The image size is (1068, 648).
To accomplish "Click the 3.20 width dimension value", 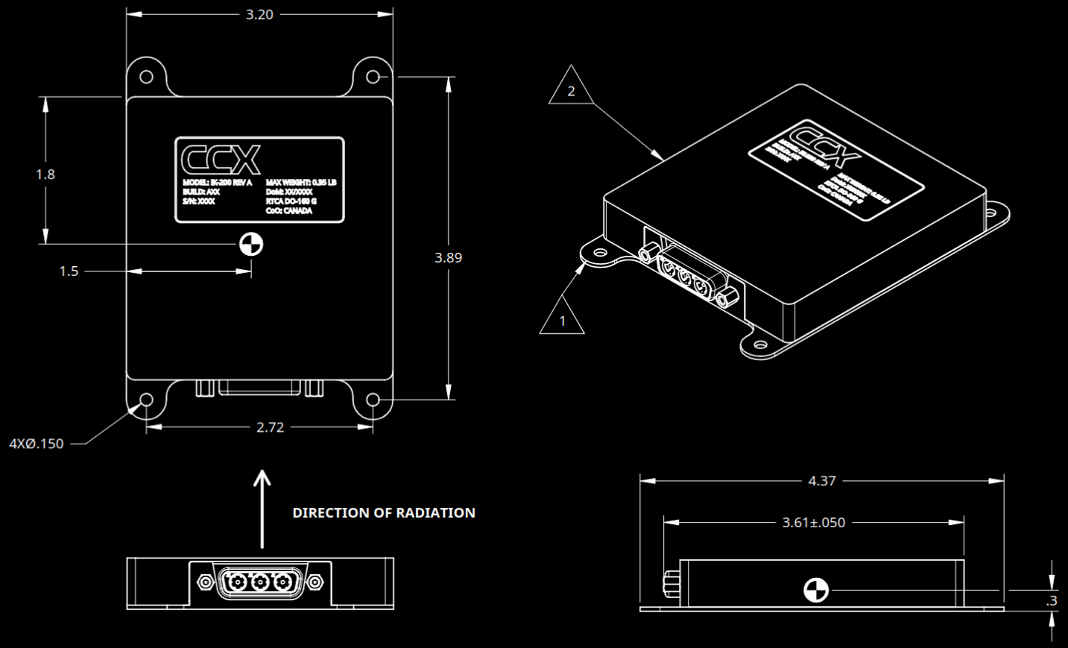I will pyautogui.click(x=259, y=14).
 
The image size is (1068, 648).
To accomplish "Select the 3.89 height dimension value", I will pyautogui.click(x=448, y=257).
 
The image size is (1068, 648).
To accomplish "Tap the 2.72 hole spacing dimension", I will pyautogui.click(x=270, y=427).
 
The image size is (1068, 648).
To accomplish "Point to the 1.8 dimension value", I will pyautogui.click(x=45, y=174).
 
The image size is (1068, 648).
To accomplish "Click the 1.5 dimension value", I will pyautogui.click(x=69, y=271).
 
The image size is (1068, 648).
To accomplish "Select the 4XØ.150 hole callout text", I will pyautogui.click(x=37, y=444).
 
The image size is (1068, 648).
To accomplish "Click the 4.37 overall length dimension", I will pyautogui.click(x=822, y=481).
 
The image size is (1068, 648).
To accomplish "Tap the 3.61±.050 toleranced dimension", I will pyautogui.click(x=813, y=523).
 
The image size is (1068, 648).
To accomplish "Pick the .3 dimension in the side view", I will pyautogui.click(x=1052, y=600).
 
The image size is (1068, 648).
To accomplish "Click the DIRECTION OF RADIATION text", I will pyautogui.click(x=384, y=513).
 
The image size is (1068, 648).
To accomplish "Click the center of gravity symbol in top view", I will pyautogui.click(x=251, y=244).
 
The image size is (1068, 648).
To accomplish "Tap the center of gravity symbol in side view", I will pyautogui.click(x=815, y=590).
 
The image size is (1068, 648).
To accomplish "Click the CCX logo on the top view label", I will pyautogui.click(x=221, y=159).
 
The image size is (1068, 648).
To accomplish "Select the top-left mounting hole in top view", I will pyautogui.click(x=147, y=76).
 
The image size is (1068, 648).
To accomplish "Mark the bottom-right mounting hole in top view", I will pyautogui.click(x=373, y=400).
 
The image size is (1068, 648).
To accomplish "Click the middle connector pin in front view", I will pyautogui.click(x=260, y=582).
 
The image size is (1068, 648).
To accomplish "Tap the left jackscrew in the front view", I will pyautogui.click(x=205, y=582).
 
